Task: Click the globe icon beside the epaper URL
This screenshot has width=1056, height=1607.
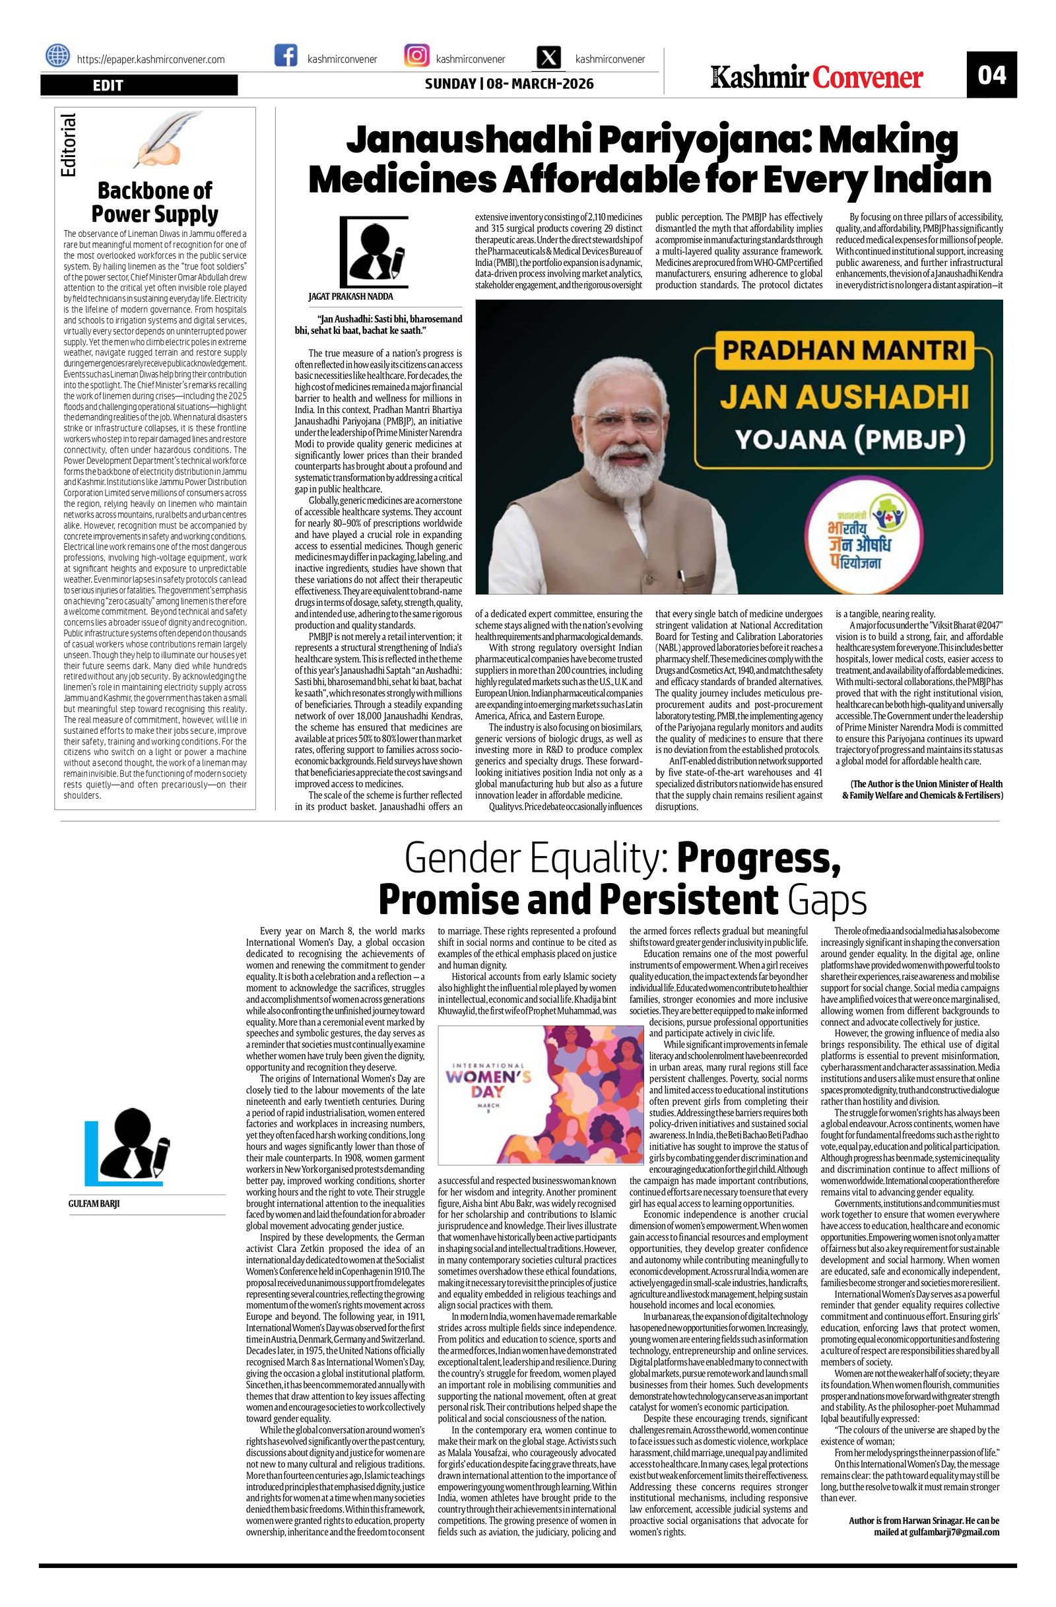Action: [57, 55]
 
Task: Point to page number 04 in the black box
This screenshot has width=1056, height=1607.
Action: [991, 75]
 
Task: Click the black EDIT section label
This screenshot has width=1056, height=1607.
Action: [139, 85]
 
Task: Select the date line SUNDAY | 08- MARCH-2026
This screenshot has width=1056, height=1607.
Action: [509, 84]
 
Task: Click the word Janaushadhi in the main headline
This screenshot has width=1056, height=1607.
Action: [450, 141]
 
